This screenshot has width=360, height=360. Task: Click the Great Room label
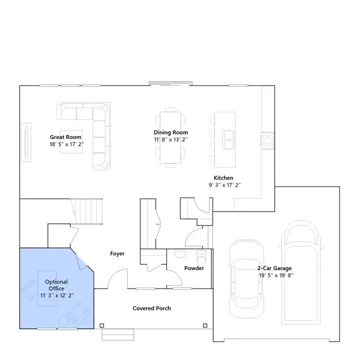[66, 137]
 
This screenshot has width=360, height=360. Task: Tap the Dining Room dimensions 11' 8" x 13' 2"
[171, 139]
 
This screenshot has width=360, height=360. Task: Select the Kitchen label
[223, 178]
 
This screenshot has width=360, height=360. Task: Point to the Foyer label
[117, 254]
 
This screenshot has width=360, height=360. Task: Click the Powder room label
[194, 268]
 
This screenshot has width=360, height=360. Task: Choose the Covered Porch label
[152, 308]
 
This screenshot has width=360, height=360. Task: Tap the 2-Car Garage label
[274, 268]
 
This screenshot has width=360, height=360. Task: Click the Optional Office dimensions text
[57, 295]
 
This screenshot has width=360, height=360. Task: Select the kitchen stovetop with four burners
[268, 141]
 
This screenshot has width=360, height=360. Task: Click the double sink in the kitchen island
[229, 139]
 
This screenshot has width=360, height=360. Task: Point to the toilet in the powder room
[202, 257]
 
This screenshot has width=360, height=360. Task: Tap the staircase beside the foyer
[87, 211]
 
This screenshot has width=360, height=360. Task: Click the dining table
[170, 137]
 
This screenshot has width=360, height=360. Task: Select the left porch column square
[102, 326]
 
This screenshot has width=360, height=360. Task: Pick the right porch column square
[205, 326]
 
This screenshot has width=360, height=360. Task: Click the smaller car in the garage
[246, 279]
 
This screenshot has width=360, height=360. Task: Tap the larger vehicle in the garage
[301, 272]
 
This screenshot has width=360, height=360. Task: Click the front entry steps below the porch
[118, 334]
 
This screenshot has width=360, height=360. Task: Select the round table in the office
[64, 321]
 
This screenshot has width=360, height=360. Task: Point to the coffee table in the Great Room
[71, 142]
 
